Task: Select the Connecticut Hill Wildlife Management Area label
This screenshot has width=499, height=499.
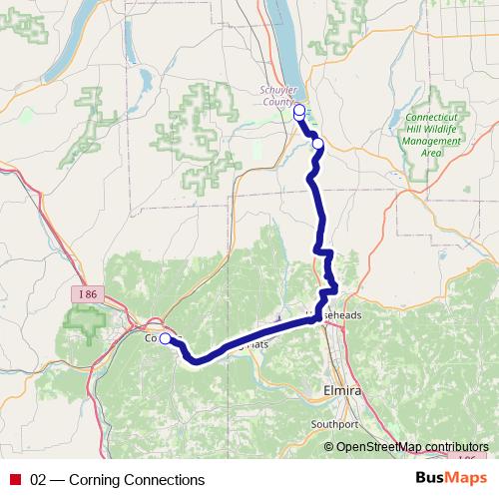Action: (x=433, y=135)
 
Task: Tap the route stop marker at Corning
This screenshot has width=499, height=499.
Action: (x=165, y=338)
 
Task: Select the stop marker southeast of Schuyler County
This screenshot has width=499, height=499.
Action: (x=318, y=144)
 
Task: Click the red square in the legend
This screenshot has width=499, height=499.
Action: (x=15, y=480)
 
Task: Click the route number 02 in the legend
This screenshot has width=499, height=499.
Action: (x=39, y=480)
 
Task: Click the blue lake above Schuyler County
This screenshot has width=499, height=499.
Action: (x=290, y=40)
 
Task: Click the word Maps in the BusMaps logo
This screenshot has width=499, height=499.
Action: (x=464, y=479)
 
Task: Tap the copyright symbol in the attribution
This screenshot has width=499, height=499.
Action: (x=329, y=446)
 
